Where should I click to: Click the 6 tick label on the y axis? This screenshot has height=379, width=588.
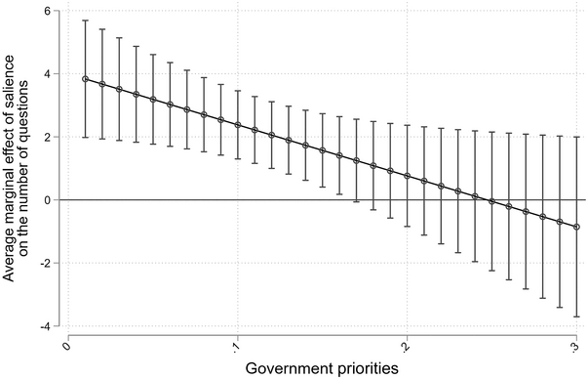[58, 12]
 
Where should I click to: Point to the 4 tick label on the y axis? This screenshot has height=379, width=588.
[58, 74]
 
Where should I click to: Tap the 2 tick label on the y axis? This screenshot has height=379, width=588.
[58, 137]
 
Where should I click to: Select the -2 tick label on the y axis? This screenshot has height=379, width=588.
[55, 263]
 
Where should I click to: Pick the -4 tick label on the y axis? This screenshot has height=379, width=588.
[55, 325]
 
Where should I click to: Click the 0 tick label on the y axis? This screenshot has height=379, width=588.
[58, 199]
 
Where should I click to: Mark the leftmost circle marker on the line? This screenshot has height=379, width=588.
[86, 79]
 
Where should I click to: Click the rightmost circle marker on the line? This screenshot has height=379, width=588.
[577, 227]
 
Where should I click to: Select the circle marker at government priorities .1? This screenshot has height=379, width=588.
[238, 125]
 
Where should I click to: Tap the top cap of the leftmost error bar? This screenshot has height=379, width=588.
[86, 21]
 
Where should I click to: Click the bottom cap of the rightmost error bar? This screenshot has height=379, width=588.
[577, 316]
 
